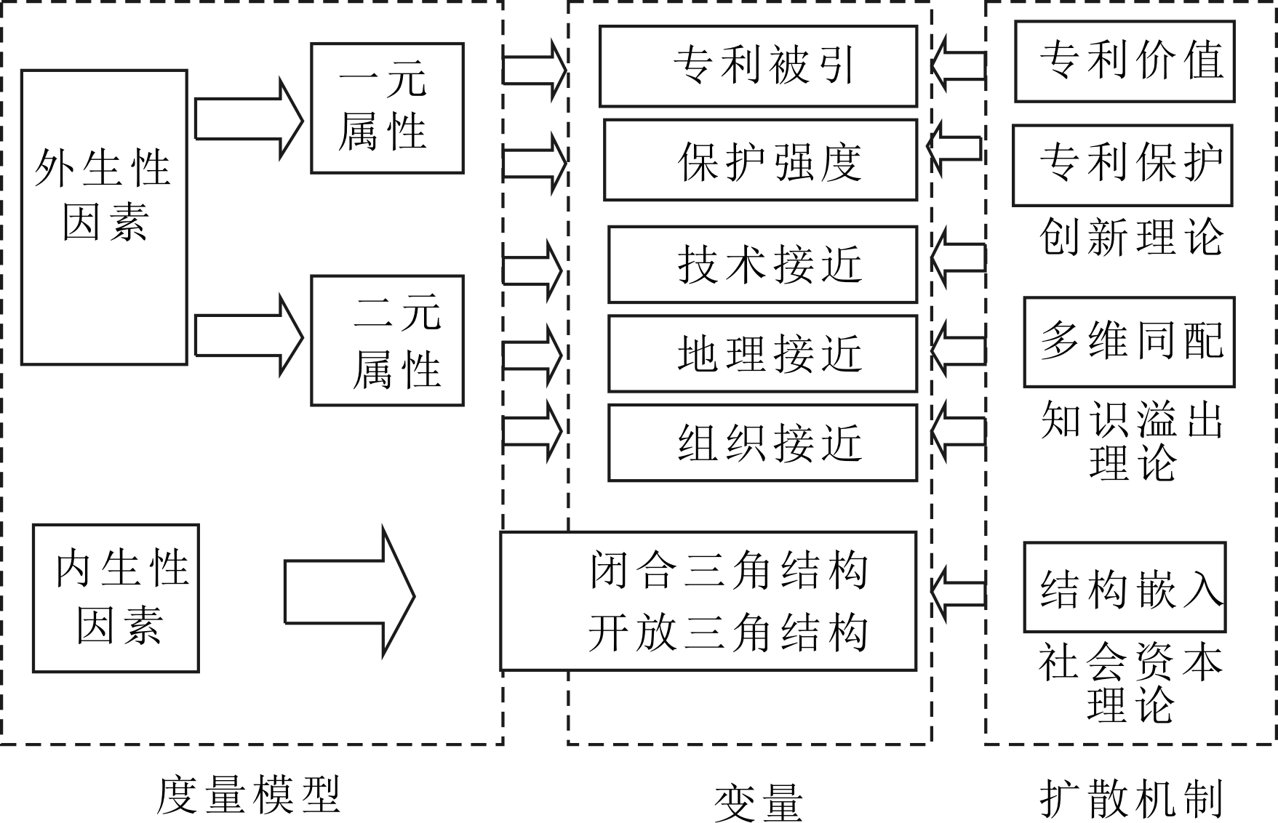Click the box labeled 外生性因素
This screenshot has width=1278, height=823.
pyautogui.click(x=104, y=217)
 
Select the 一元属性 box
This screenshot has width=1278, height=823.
pyautogui.click(x=387, y=108)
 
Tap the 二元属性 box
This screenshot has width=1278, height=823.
pyautogui.click(x=387, y=340)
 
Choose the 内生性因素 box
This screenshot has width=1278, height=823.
pyautogui.click(x=116, y=598)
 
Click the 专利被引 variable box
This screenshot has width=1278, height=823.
pyautogui.click(x=758, y=66)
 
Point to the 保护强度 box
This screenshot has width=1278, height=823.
pyautogui.click(x=760, y=160)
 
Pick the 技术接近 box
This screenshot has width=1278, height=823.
pyautogui.click(x=762, y=264)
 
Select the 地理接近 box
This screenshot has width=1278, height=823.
pyautogui.click(x=762, y=353)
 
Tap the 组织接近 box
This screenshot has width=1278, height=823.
pyautogui.click(x=762, y=443)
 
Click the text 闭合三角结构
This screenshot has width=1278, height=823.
pyautogui.click(x=728, y=571)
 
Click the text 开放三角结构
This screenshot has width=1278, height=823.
pyautogui.click(x=728, y=633)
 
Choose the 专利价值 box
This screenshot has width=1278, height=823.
pyautogui.click(x=1125, y=61)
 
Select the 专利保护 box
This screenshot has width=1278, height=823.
pyautogui.click(x=1122, y=165)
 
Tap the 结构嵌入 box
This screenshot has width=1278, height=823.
pyautogui.click(x=1125, y=587)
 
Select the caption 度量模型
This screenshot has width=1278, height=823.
pyautogui.click(x=248, y=795)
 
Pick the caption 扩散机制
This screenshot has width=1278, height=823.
pyautogui.click(x=1131, y=798)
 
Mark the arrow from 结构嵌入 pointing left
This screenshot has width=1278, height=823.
pyautogui.click(x=959, y=594)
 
